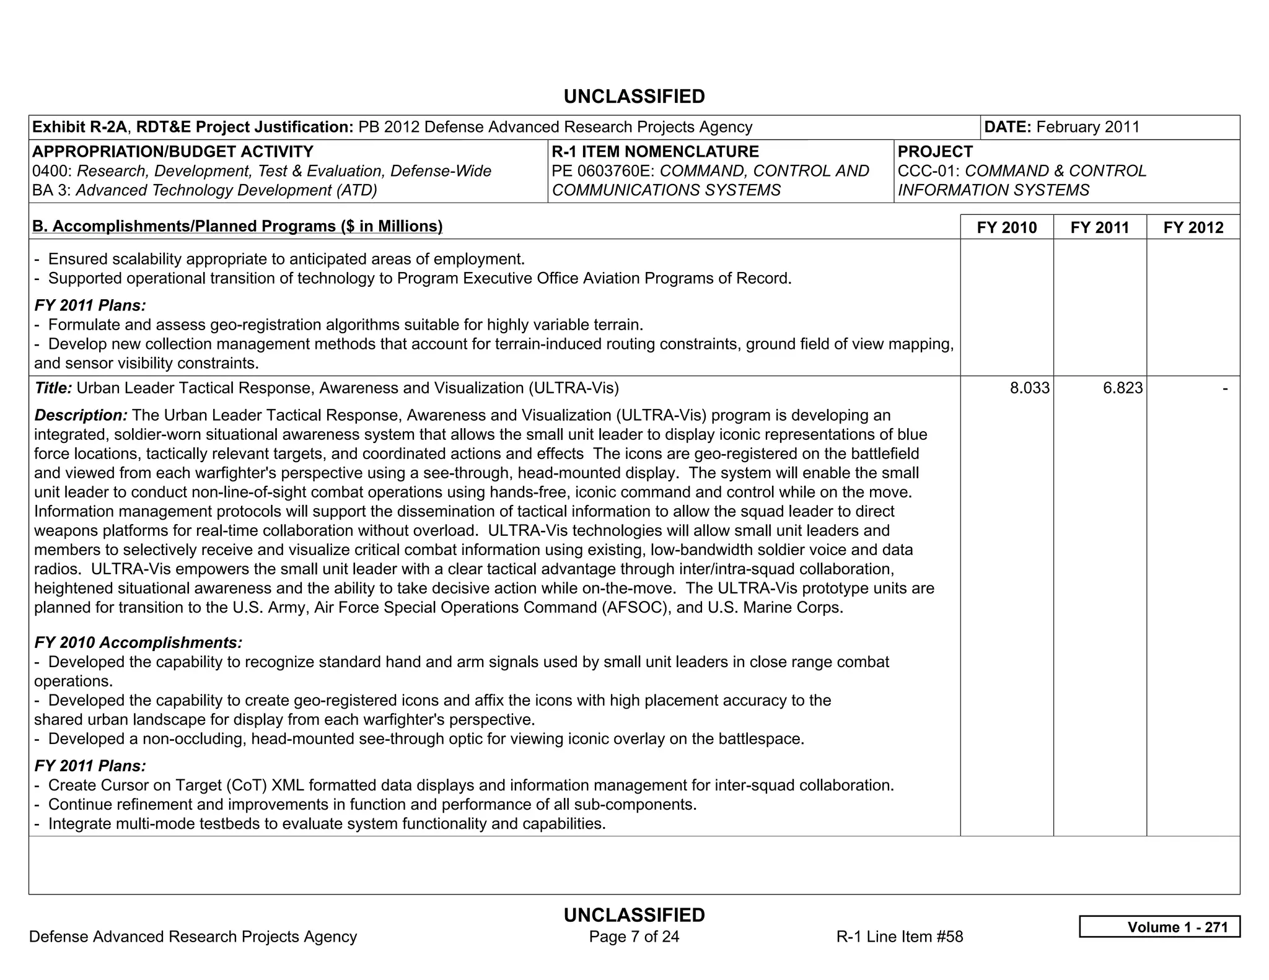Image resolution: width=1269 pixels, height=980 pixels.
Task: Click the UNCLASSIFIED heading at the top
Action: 634,97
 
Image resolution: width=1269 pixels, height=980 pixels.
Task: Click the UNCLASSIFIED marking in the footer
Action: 634,915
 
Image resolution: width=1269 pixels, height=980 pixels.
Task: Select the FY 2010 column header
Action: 1006,227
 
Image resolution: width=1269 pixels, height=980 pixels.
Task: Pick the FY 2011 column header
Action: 1100,227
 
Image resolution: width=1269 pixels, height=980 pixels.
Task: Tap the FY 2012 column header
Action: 1193,227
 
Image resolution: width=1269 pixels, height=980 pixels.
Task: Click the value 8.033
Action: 1029,388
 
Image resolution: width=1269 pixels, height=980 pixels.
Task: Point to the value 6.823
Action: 1122,388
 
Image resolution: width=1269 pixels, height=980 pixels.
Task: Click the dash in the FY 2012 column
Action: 1224,388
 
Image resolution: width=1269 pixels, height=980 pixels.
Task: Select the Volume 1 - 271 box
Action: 1159,927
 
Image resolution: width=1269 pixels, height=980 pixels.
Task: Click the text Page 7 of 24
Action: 634,937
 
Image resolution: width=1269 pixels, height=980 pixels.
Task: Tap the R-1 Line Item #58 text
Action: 900,937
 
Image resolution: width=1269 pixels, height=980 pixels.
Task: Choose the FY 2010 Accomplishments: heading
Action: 138,642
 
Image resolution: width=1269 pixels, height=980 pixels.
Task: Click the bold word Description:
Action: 81,415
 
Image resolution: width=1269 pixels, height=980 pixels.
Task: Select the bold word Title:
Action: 53,388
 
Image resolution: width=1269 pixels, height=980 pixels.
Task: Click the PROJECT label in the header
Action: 935,152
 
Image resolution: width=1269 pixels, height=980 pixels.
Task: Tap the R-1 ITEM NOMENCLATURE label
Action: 655,152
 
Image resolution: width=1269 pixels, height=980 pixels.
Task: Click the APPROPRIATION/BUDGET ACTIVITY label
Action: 172,152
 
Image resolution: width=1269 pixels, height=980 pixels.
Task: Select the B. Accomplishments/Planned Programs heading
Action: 237,227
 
